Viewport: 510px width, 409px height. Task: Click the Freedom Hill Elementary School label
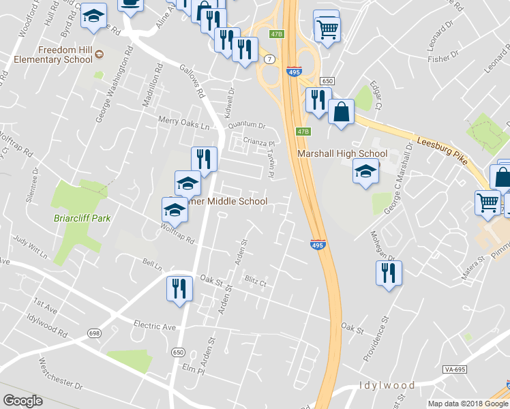tap(65, 55)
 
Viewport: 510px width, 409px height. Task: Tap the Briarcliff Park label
tap(82, 219)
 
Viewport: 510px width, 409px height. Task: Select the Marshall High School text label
tap(342, 153)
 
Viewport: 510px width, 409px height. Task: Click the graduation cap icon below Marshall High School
tap(365, 172)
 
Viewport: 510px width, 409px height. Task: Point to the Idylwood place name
tap(387, 386)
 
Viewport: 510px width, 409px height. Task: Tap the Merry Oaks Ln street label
tap(182, 125)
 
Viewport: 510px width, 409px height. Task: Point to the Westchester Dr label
tap(60, 374)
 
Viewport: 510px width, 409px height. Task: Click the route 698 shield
tap(94, 333)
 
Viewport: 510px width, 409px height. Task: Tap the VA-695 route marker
tap(455, 369)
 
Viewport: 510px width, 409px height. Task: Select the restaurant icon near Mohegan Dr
tap(389, 273)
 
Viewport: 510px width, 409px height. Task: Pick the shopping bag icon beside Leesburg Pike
tap(341, 111)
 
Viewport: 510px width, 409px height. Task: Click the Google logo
tap(23, 401)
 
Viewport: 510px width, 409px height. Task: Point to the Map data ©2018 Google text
tap(468, 404)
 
